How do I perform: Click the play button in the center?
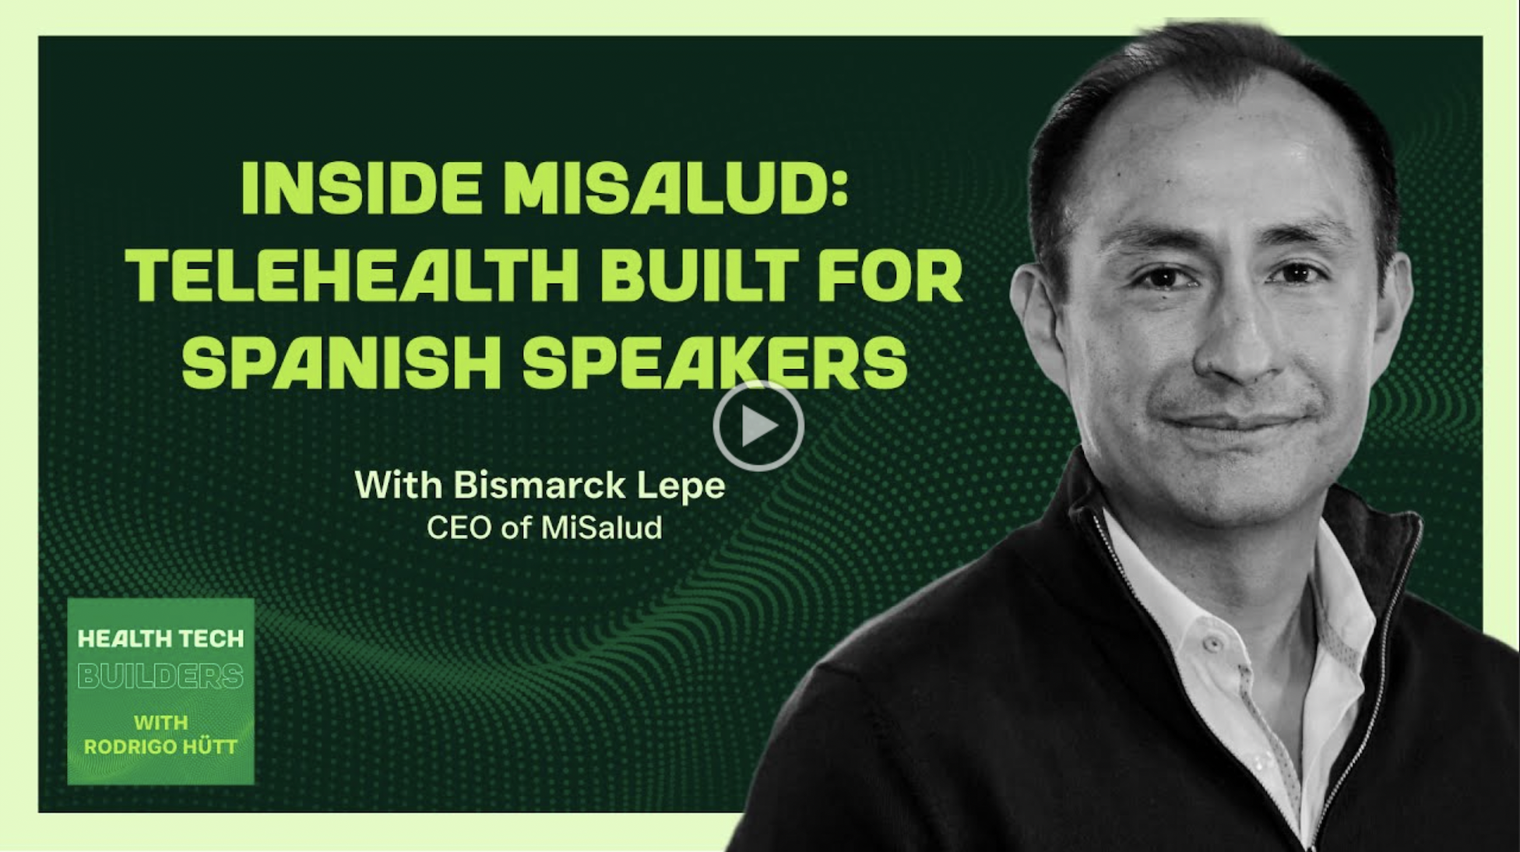[x=758, y=426]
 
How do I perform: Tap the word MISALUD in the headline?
[x=662, y=189]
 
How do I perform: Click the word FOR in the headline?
[x=888, y=276]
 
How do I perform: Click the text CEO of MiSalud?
[x=544, y=528]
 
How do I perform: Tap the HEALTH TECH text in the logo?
[x=160, y=639]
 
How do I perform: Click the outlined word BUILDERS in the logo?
[x=160, y=676]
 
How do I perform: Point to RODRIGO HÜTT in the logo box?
[x=160, y=747]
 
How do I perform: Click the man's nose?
[x=1238, y=343]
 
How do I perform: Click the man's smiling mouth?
[x=1238, y=424]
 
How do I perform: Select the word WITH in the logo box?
[x=160, y=723]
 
